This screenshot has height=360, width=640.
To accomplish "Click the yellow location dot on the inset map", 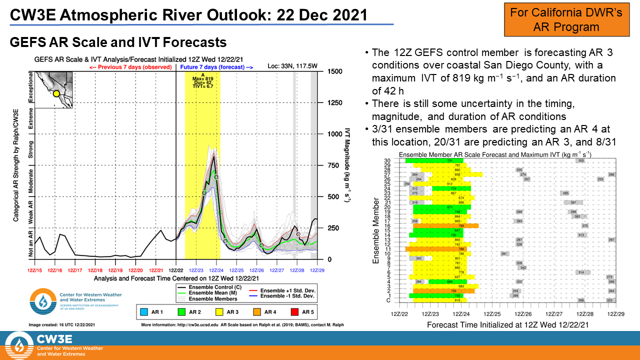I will coord(56,93).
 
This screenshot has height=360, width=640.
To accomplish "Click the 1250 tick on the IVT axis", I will coord(334,102).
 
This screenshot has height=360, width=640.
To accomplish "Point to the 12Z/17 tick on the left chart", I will coord(75,270).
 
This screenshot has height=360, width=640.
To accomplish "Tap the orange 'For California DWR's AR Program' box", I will coord(566,19).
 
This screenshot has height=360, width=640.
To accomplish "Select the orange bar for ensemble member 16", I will coord(445,226).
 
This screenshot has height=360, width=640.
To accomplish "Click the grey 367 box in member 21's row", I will coord(573,202).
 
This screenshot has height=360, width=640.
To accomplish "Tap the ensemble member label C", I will coord(388,300).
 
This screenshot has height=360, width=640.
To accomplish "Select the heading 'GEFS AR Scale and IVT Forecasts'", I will coord(118,42).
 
